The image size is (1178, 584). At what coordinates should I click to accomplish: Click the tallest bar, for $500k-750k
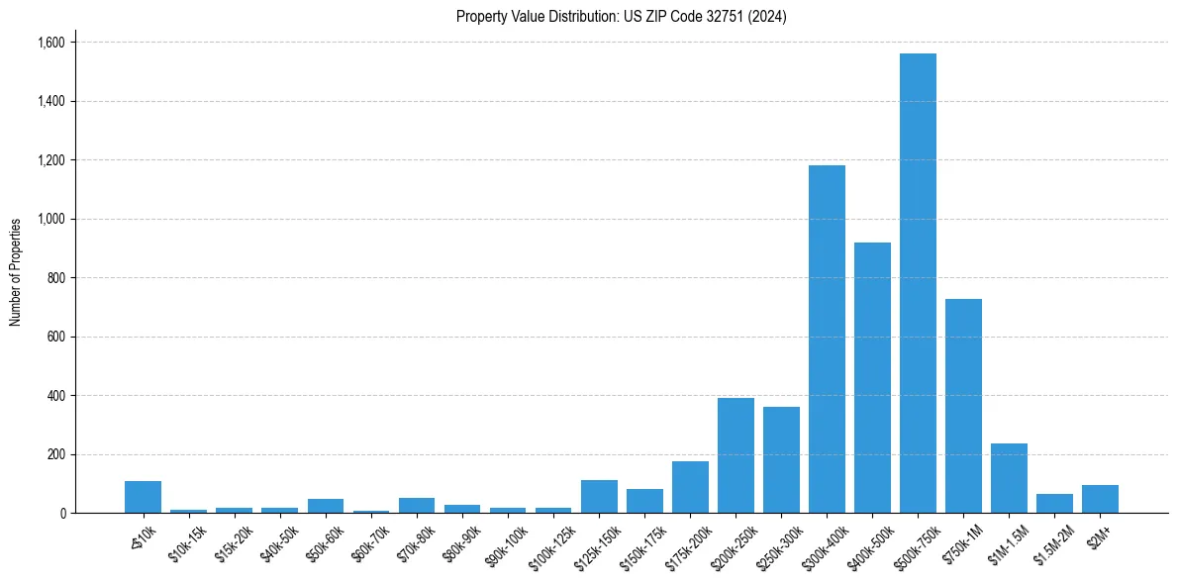(918, 283)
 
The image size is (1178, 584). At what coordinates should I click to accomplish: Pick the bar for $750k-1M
(963, 406)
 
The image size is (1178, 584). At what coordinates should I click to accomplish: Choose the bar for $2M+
(1100, 499)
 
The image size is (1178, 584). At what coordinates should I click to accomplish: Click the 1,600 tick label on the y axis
(50, 43)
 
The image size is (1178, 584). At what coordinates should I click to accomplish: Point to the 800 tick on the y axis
(55, 278)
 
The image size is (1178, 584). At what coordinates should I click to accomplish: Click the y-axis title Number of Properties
(16, 272)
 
